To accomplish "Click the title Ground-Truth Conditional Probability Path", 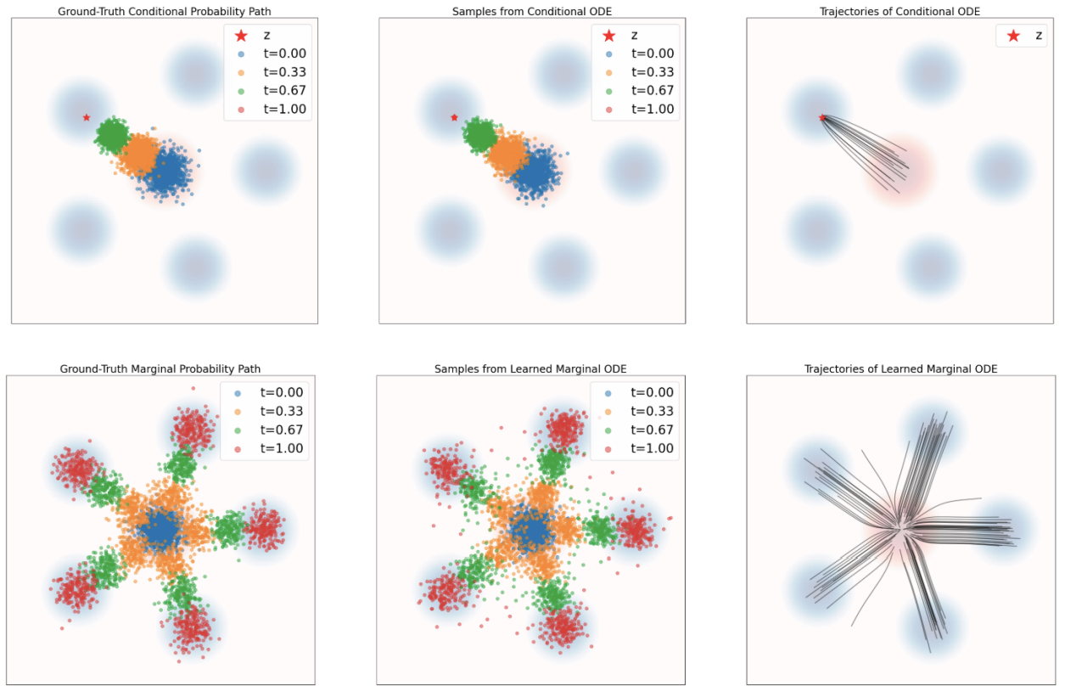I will (x=164, y=11).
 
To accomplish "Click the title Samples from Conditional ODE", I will (x=531, y=11).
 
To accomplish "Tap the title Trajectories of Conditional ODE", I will (x=900, y=11).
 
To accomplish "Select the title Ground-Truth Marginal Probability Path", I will (x=160, y=368).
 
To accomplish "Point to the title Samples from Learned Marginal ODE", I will (x=530, y=368).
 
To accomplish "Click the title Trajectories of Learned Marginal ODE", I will (x=900, y=368).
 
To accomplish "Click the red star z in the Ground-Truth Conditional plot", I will (x=87, y=117).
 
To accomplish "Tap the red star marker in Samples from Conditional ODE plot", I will (x=454, y=117).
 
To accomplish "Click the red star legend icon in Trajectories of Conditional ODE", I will (x=1013, y=36).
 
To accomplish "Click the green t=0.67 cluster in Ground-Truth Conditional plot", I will (x=112, y=134).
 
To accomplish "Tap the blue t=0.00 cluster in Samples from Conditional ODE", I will (x=535, y=172).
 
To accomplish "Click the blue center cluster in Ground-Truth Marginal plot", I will (x=160, y=530).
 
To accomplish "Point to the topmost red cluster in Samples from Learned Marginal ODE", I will (x=563, y=428).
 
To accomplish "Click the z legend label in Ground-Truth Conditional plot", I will (x=266, y=35).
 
